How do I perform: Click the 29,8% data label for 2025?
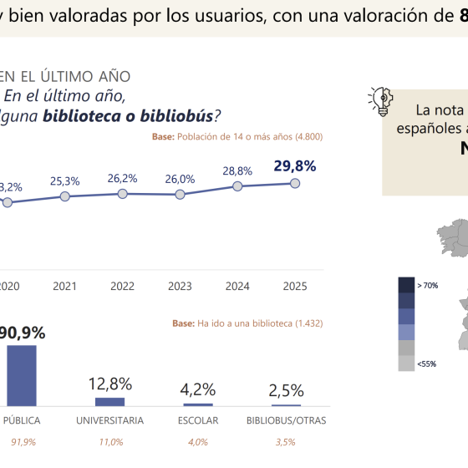pos(295,166)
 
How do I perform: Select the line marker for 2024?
pos(237,186)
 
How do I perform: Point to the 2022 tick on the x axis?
pos(122,286)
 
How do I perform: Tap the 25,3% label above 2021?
pos(65,180)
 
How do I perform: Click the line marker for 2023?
pos(180,194)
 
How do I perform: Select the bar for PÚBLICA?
pos(22,376)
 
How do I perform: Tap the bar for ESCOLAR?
pos(197,404)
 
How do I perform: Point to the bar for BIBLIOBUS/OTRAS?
pos(286,405)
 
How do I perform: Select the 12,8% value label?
pos(110,384)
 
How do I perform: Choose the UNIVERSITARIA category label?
pos(110,420)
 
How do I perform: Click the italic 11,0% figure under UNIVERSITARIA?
pos(110,442)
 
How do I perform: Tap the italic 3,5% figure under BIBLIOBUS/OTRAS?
pos(286,442)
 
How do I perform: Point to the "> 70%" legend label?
pos(427,285)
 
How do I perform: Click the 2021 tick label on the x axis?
pos(65,286)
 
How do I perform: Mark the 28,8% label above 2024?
pos(237,171)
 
